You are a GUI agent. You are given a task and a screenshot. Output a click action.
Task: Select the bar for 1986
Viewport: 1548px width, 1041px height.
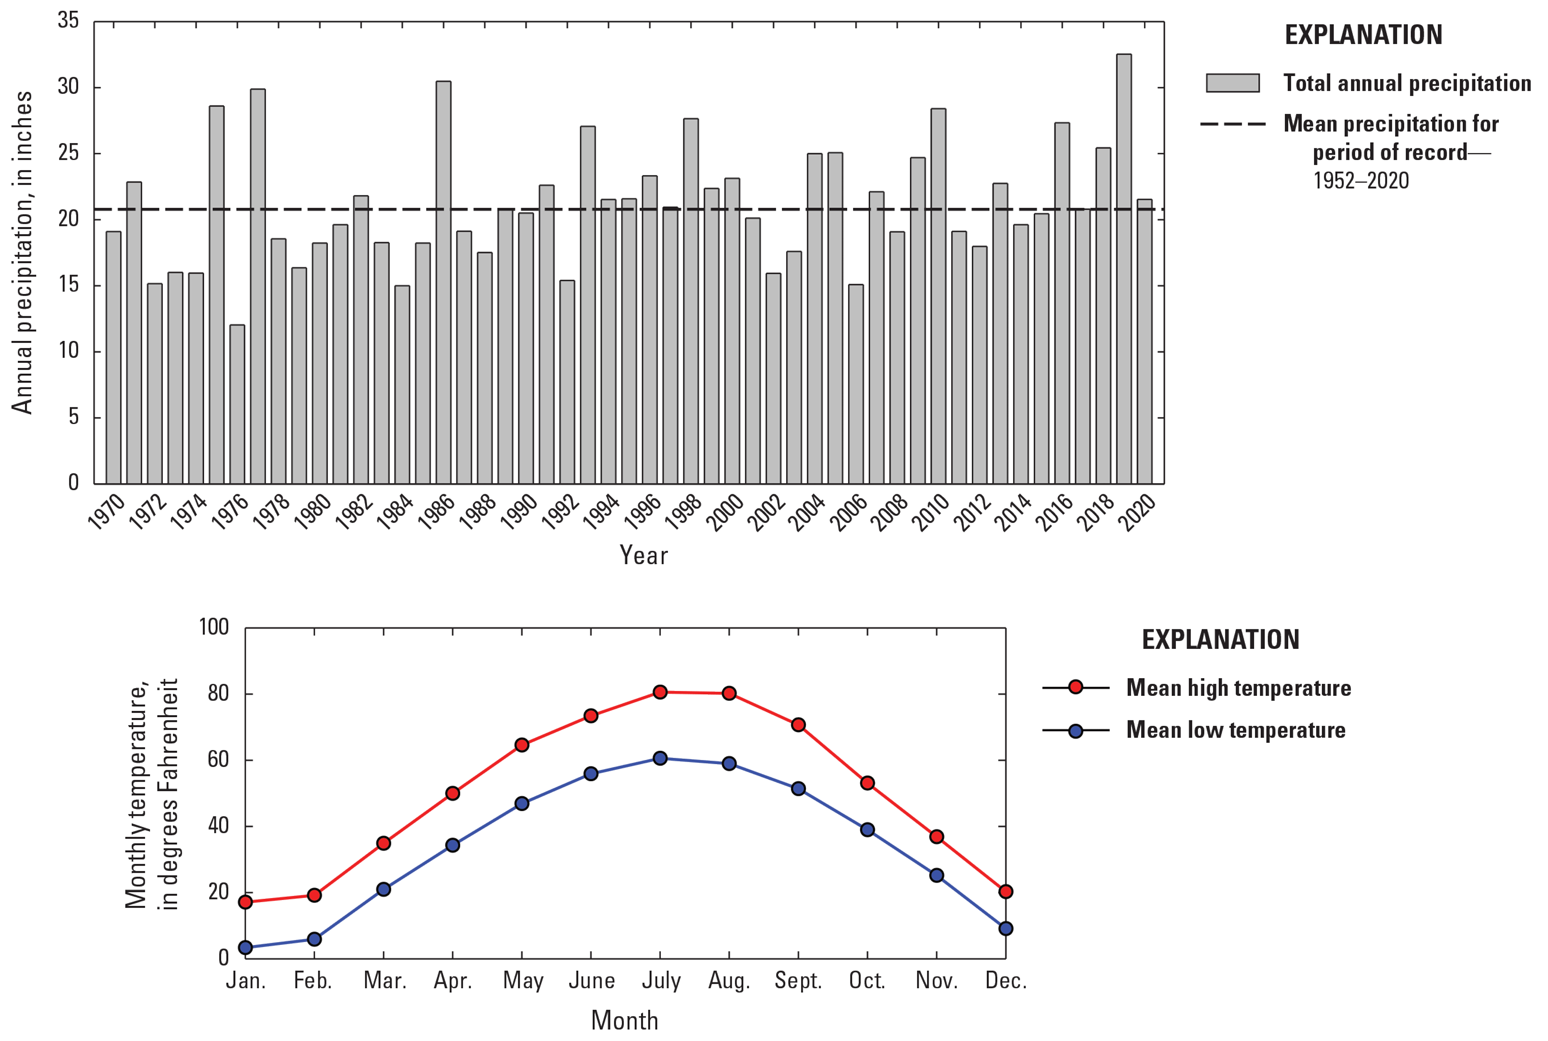point(443,282)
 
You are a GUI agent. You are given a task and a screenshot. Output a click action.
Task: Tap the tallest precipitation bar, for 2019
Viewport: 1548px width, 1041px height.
point(1124,269)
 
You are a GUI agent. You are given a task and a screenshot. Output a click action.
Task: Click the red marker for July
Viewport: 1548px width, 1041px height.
point(660,692)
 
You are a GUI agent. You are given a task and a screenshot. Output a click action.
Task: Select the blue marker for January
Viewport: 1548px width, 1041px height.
point(246,948)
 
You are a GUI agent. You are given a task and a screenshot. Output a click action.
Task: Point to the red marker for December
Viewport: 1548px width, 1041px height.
point(1005,892)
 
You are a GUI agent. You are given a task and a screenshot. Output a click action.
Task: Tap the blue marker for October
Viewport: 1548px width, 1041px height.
point(867,829)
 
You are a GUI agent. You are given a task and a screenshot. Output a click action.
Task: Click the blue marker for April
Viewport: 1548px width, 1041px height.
point(453,845)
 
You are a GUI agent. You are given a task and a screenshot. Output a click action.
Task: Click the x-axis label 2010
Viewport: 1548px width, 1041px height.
point(931,513)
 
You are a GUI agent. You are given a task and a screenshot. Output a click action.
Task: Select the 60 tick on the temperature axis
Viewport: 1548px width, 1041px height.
point(218,759)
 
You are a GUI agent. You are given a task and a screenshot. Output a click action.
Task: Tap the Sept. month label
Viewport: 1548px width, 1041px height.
point(798,981)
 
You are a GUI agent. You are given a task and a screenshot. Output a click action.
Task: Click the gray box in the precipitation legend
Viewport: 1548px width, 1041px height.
point(1232,83)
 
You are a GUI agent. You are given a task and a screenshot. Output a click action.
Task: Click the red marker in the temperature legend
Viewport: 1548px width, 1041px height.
point(1075,687)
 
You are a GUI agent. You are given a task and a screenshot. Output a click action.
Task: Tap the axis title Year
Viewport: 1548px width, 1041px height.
point(643,555)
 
